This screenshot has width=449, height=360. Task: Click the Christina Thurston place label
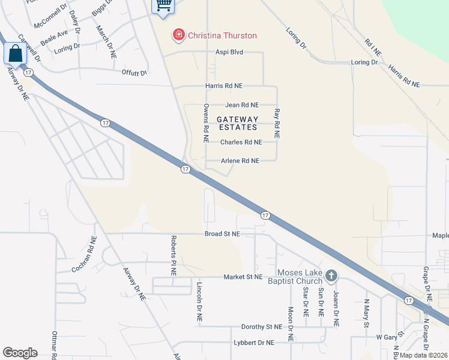click(222, 35)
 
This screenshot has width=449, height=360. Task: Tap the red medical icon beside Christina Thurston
click(178, 35)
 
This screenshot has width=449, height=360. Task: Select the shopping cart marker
click(163, 5)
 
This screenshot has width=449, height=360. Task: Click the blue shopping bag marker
click(15, 53)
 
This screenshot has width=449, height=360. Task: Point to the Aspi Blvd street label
click(229, 52)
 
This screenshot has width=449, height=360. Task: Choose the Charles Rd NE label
click(241, 142)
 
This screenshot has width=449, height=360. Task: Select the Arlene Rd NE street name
click(240, 161)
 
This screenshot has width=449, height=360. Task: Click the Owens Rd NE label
click(205, 123)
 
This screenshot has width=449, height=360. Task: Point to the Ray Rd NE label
click(277, 125)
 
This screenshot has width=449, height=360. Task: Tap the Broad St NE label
click(222, 233)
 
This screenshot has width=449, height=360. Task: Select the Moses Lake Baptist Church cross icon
click(331, 276)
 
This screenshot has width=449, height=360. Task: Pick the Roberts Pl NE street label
click(173, 256)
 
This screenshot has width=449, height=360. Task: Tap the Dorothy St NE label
click(261, 327)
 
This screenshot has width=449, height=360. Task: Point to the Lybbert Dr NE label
click(253, 343)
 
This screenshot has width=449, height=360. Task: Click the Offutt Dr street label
click(134, 73)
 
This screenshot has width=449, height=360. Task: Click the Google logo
click(20, 353)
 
